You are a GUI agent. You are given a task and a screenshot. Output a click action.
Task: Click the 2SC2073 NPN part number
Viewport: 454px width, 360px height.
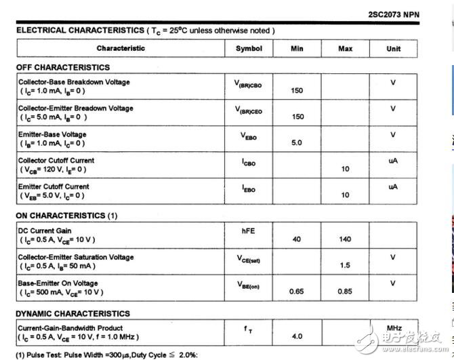[x=394, y=14]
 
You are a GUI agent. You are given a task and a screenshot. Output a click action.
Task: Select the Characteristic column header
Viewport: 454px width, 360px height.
[x=121, y=48]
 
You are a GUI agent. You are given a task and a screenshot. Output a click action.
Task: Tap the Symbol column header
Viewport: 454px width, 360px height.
[x=249, y=48]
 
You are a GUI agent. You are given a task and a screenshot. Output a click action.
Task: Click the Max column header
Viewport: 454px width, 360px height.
[x=345, y=49]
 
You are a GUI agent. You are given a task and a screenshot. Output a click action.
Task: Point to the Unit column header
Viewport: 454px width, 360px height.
[x=394, y=49]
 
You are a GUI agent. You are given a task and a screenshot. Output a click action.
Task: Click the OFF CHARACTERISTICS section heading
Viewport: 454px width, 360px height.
[x=63, y=68]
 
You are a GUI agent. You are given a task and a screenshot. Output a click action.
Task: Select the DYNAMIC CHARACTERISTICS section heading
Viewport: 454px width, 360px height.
[x=73, y=314]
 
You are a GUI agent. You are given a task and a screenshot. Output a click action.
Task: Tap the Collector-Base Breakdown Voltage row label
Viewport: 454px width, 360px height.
[x=74, y=82]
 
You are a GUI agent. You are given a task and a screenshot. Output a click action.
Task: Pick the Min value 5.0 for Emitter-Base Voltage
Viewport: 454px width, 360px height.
[x=297, y=143]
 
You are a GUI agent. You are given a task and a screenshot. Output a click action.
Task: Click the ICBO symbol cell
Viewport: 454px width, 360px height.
[x=249, y=163]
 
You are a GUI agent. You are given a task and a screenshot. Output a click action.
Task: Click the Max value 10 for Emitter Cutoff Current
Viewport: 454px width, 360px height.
[x=345, y=195]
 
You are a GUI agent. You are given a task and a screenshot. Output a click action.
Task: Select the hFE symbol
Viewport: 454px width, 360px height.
[x=249, y=231]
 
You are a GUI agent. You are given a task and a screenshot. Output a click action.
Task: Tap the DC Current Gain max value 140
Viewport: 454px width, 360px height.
[x=345, y=239]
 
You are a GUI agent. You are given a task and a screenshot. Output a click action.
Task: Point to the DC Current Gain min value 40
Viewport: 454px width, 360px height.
[x=297, y=239]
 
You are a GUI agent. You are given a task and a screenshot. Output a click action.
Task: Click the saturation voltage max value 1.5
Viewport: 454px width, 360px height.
[x=345, y=265]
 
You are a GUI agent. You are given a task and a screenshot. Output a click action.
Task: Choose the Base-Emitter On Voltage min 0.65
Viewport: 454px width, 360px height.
[x=297, y=292]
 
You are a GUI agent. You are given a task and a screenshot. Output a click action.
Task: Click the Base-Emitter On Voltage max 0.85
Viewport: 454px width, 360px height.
[x=345, y=292]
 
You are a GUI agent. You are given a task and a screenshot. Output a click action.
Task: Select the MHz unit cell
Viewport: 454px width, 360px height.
[x=394, y=328]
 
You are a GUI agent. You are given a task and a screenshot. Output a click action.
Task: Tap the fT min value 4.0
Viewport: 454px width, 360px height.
[x=297, y=336]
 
